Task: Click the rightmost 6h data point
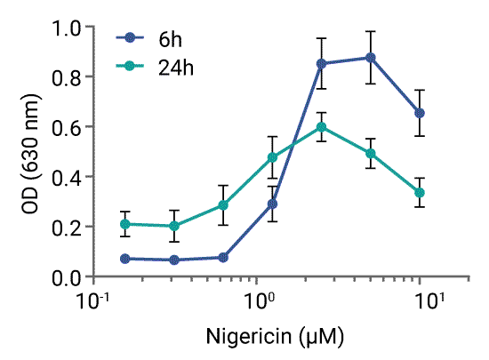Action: (x=420, y=113)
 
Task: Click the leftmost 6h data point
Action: (x=125, y=259)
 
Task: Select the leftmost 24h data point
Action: (x=125, y=224)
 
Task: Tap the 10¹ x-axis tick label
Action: (x=430, y=300)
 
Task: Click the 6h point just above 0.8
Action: (x=322, y=64)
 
